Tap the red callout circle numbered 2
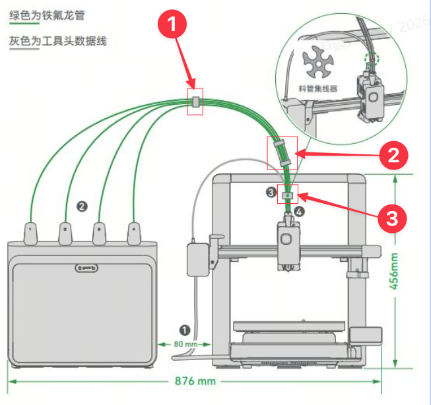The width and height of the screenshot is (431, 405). (394, 156)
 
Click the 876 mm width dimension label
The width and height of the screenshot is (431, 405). (197, 381)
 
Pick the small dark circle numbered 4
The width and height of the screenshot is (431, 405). (299, 212)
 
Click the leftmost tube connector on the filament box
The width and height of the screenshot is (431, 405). (31, 233)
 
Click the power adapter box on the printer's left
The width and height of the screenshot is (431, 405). (197, 259)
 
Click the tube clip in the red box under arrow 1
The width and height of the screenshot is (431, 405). (195, 102)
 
